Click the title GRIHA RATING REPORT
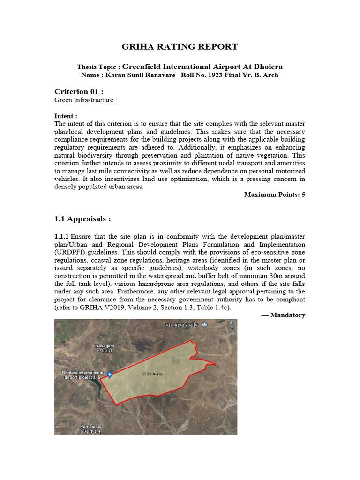[180, 46]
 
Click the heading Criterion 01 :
[79, 91]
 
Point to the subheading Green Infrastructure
[85, 100]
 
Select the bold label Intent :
[66, 116]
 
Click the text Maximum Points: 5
[275, 195]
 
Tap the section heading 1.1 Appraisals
[82, 219]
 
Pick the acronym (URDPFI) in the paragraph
[73, 252]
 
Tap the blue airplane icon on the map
[110, 374]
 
